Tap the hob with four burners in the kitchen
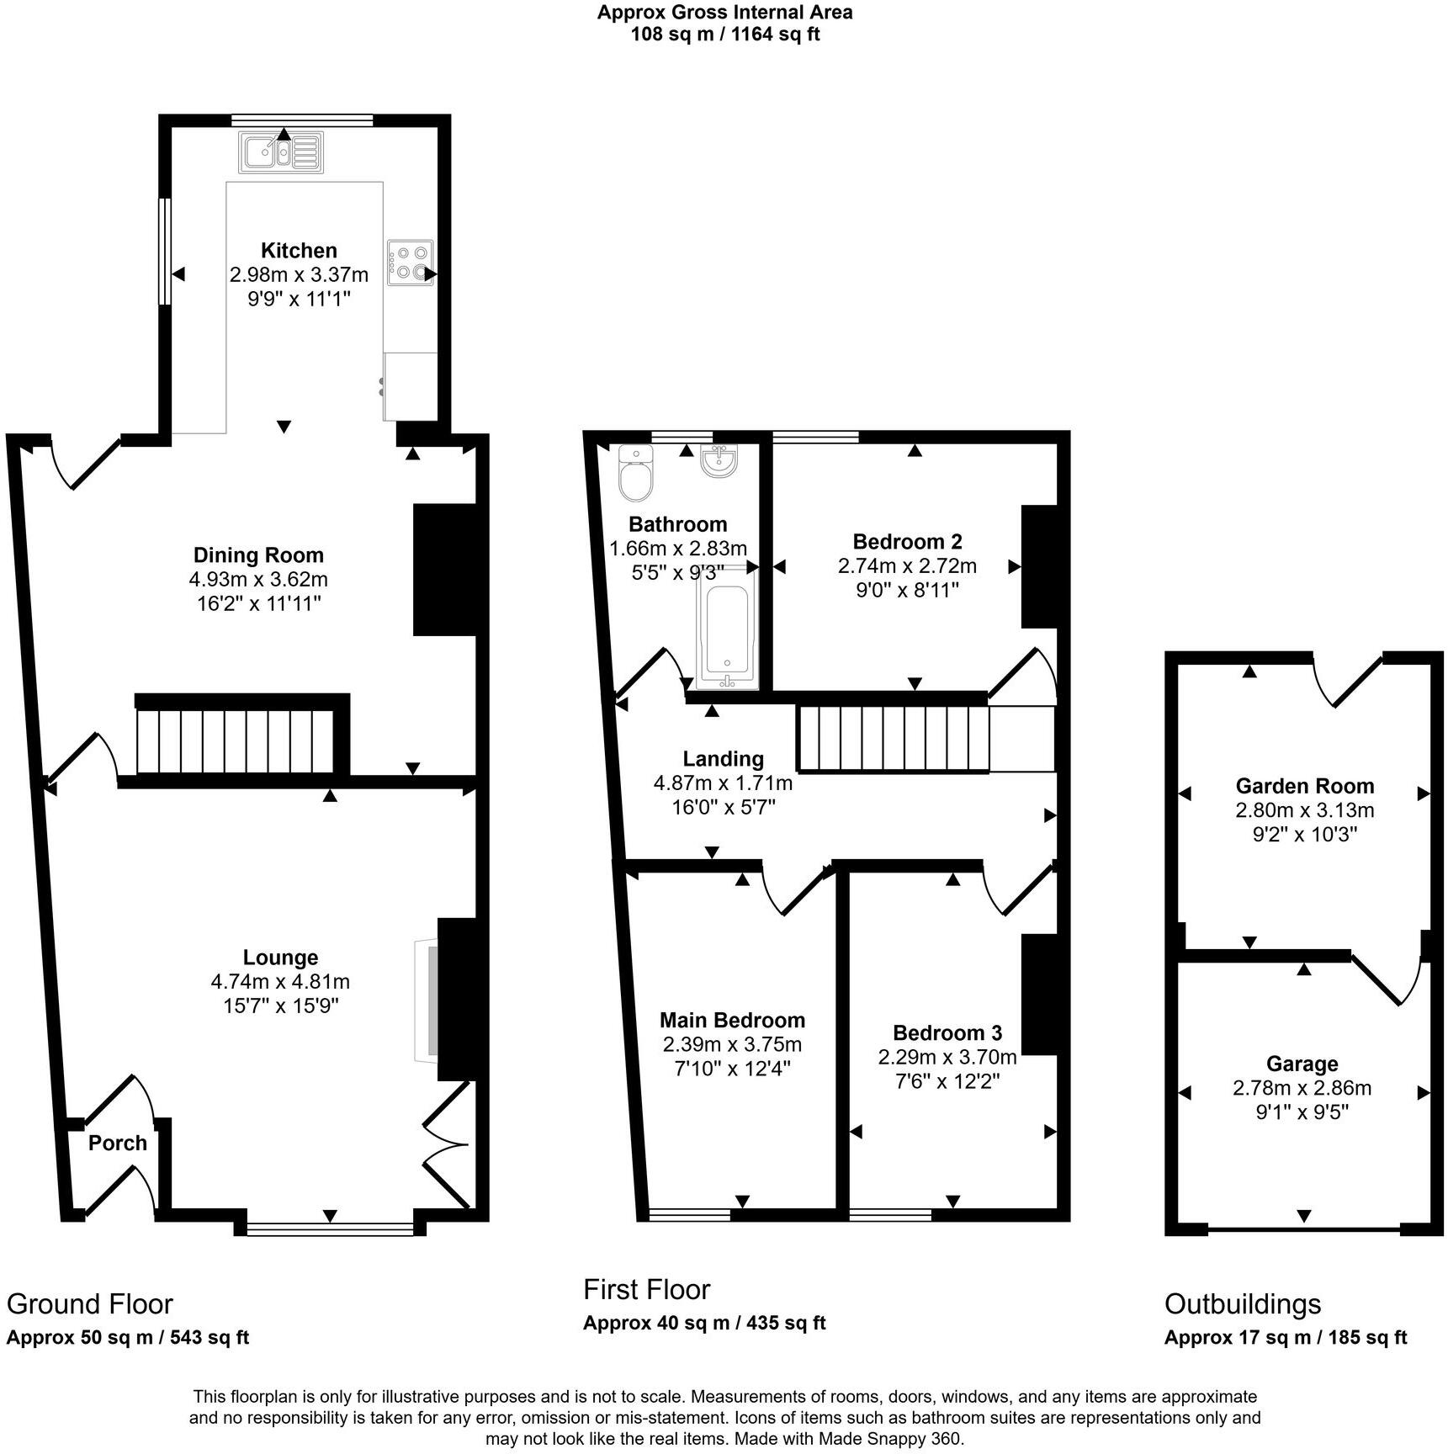coord(411,262)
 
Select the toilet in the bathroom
coord(634,473)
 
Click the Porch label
coord(118,1143)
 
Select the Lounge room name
coord(280,957)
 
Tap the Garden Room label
coord(1304,786)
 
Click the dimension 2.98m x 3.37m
coord(299,274)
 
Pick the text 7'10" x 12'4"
coord(731,1069)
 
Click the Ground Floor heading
coord(89,1303)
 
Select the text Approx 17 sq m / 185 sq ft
coord(1285,1337)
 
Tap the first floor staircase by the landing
coord(892,739)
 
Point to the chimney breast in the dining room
coord(445,570)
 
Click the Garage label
coord(1302,1064)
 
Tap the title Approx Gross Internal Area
coord(724,13)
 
